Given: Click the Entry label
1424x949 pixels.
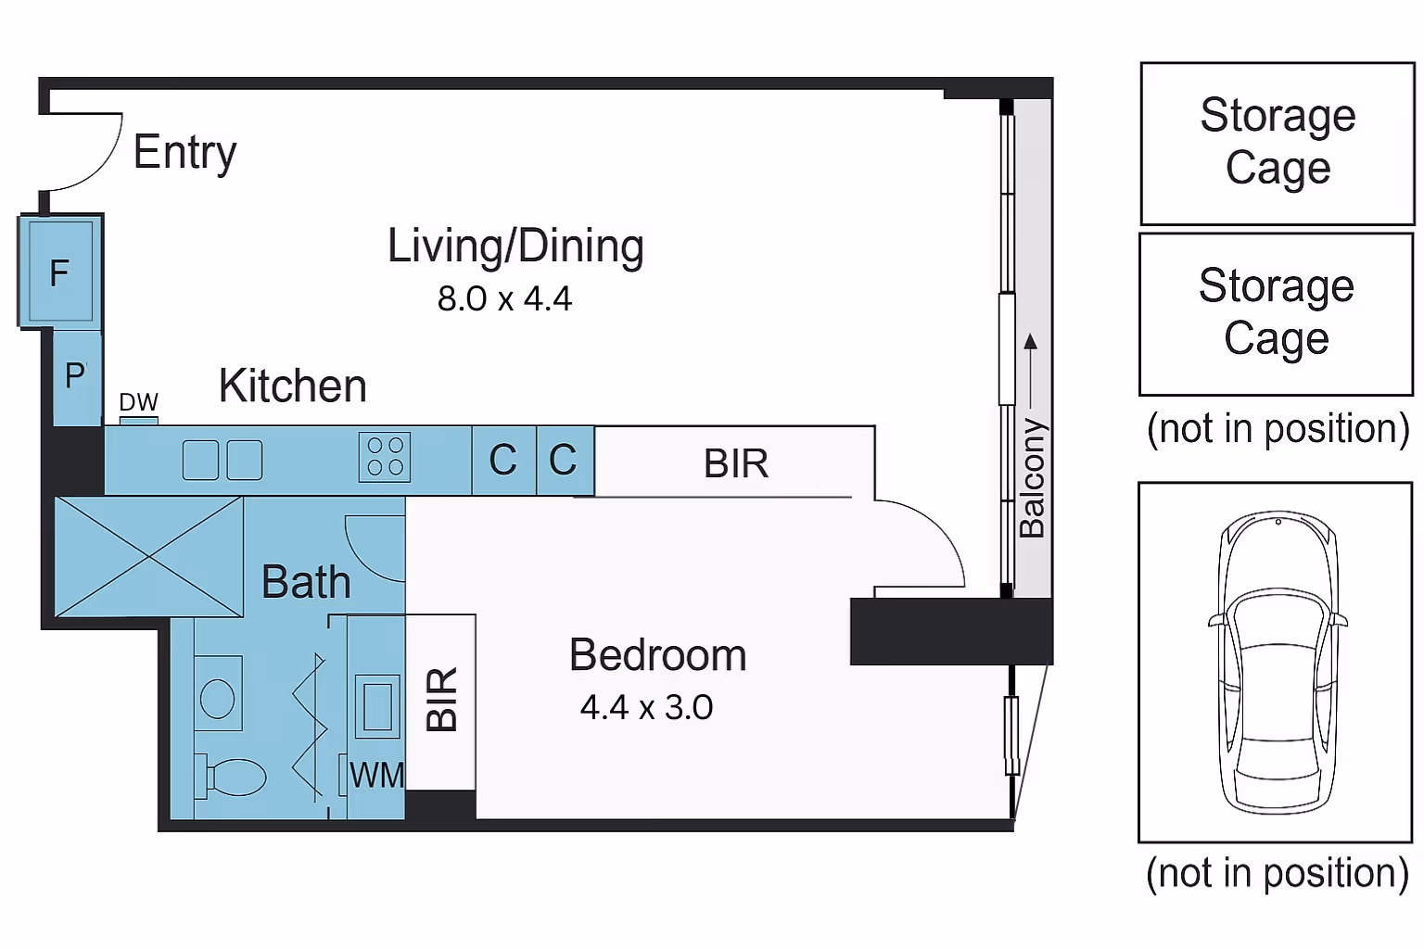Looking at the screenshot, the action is [x=185, y=153].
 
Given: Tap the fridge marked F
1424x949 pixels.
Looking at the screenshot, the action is [x=60, y=271].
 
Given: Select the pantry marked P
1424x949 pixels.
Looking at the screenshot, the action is [x=77, y=377].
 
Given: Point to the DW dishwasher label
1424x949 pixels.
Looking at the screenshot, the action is [x=138, y=401].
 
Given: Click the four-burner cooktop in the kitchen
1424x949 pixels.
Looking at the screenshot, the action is [x=385, y=457].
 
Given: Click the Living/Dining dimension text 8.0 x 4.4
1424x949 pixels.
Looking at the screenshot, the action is [x=504, y=298].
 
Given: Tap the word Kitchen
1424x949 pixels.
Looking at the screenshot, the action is [x=292, y=386].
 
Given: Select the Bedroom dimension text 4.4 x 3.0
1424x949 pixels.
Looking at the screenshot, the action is [x=646, y=707].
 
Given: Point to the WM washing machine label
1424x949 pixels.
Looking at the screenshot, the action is [x=377, y=776].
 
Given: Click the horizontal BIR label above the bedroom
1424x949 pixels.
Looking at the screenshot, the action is [x=735, y=463].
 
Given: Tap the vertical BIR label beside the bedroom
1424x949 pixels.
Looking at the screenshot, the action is [x=441, y=700].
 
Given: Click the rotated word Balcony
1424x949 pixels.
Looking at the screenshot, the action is [x=1032, y=478].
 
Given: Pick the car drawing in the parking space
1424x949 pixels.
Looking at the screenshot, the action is [x=1278, y=663].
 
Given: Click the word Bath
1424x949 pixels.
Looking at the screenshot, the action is [x=306, y=582].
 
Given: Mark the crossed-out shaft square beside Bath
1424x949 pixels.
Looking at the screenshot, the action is [x=148, y=557].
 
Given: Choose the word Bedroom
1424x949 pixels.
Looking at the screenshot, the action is [x=657, y=654].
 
